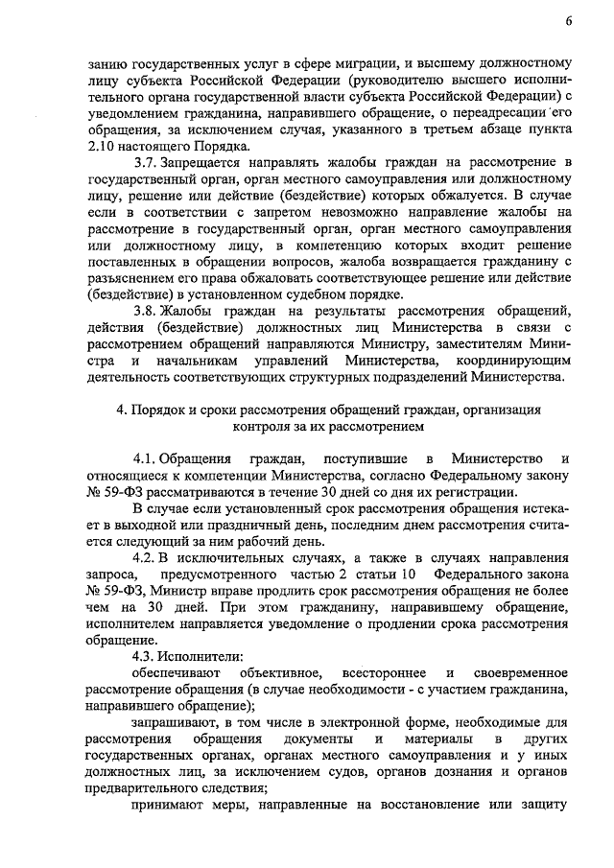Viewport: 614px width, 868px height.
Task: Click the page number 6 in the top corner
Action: pyautogui.click(x=569, y=21)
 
